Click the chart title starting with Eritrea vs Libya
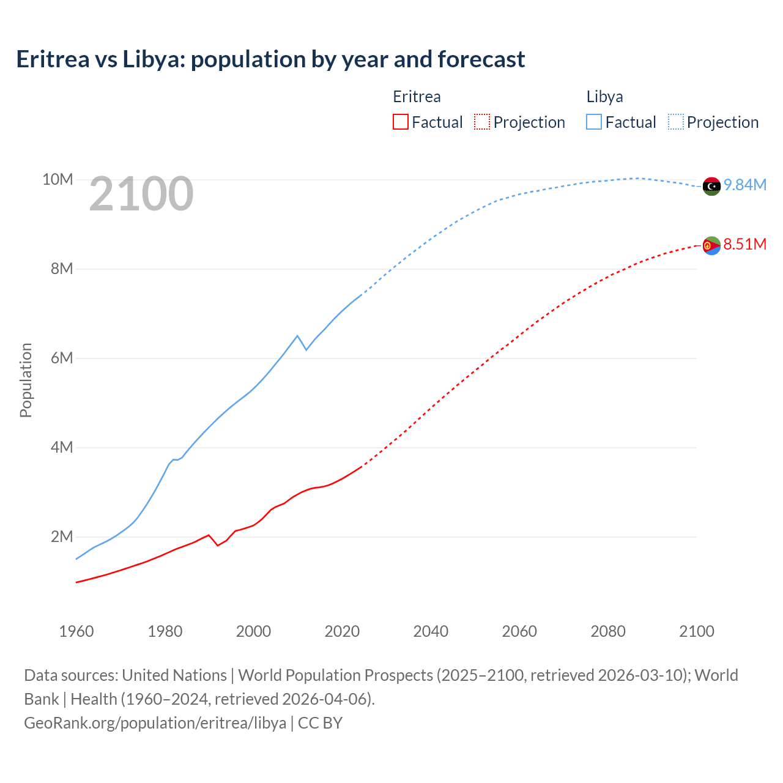(270, 59)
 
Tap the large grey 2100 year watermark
(141, 194)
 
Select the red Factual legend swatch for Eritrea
(400, 122)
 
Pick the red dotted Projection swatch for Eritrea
(482, 122)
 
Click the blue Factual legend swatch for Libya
(593, 122)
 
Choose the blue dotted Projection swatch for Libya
(675, 122)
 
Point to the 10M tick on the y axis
(58, 180)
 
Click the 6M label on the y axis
(62, 358)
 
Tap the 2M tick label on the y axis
(62, 537)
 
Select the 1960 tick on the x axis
(76, 631)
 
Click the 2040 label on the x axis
(431, 631)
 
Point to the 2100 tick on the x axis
(696, 631)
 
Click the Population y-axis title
(26, 380)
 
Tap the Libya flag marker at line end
(711, 187)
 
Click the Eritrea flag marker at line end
(711, 245)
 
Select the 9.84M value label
(745, 185)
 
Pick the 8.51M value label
(745, 245)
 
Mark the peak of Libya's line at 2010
(297, 336)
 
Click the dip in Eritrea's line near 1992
(218, 545)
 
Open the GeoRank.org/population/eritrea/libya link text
(155, 723)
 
